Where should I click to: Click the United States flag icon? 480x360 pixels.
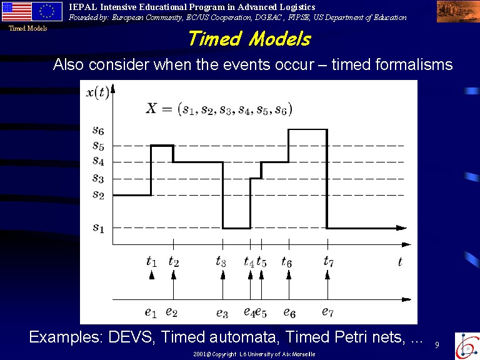(16, 11)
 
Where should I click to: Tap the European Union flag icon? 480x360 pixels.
(47, 11)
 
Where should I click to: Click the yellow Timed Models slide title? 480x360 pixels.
(249, 39)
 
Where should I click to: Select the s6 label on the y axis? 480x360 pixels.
(98, 130)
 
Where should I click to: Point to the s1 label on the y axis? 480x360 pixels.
(98, 227)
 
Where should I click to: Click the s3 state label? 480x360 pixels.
(98, 178)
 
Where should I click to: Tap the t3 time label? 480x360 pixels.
(221, 261)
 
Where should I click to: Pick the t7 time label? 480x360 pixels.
(329, 261)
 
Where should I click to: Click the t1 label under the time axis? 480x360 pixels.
(151, 261)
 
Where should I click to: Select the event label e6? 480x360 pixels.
(289, 312)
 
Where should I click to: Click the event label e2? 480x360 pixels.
(171, 312)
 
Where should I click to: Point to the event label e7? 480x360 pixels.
(327, 312)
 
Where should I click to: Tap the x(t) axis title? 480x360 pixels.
(97, 92)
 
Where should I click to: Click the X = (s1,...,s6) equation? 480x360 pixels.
(219, 109)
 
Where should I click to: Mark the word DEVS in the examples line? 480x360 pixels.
(131, 337)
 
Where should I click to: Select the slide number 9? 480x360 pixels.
(437, 345)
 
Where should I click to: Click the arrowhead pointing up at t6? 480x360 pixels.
(289, 275)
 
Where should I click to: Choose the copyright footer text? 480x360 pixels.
(254, 354)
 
